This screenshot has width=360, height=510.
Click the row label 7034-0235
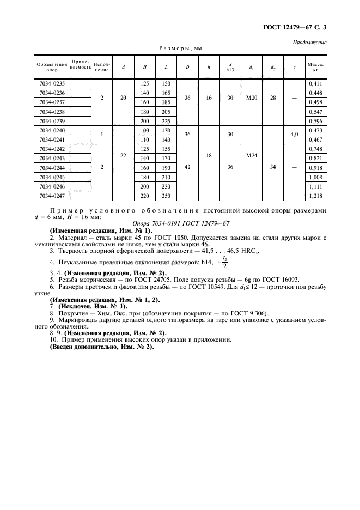point(52,83)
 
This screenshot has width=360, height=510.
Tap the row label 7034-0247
point(52,195)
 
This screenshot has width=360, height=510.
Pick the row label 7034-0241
point(52,139)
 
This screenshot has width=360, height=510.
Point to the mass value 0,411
point(315,83)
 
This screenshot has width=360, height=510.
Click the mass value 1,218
point(315,195)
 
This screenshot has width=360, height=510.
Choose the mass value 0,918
point(315,167)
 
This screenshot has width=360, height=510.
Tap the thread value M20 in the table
point(252,98)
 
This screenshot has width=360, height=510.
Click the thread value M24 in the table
point(252,155)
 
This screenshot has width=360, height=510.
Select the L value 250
point(166,195)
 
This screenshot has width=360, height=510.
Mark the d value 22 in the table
point(123,155)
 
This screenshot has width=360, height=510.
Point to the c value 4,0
point(294,134)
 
